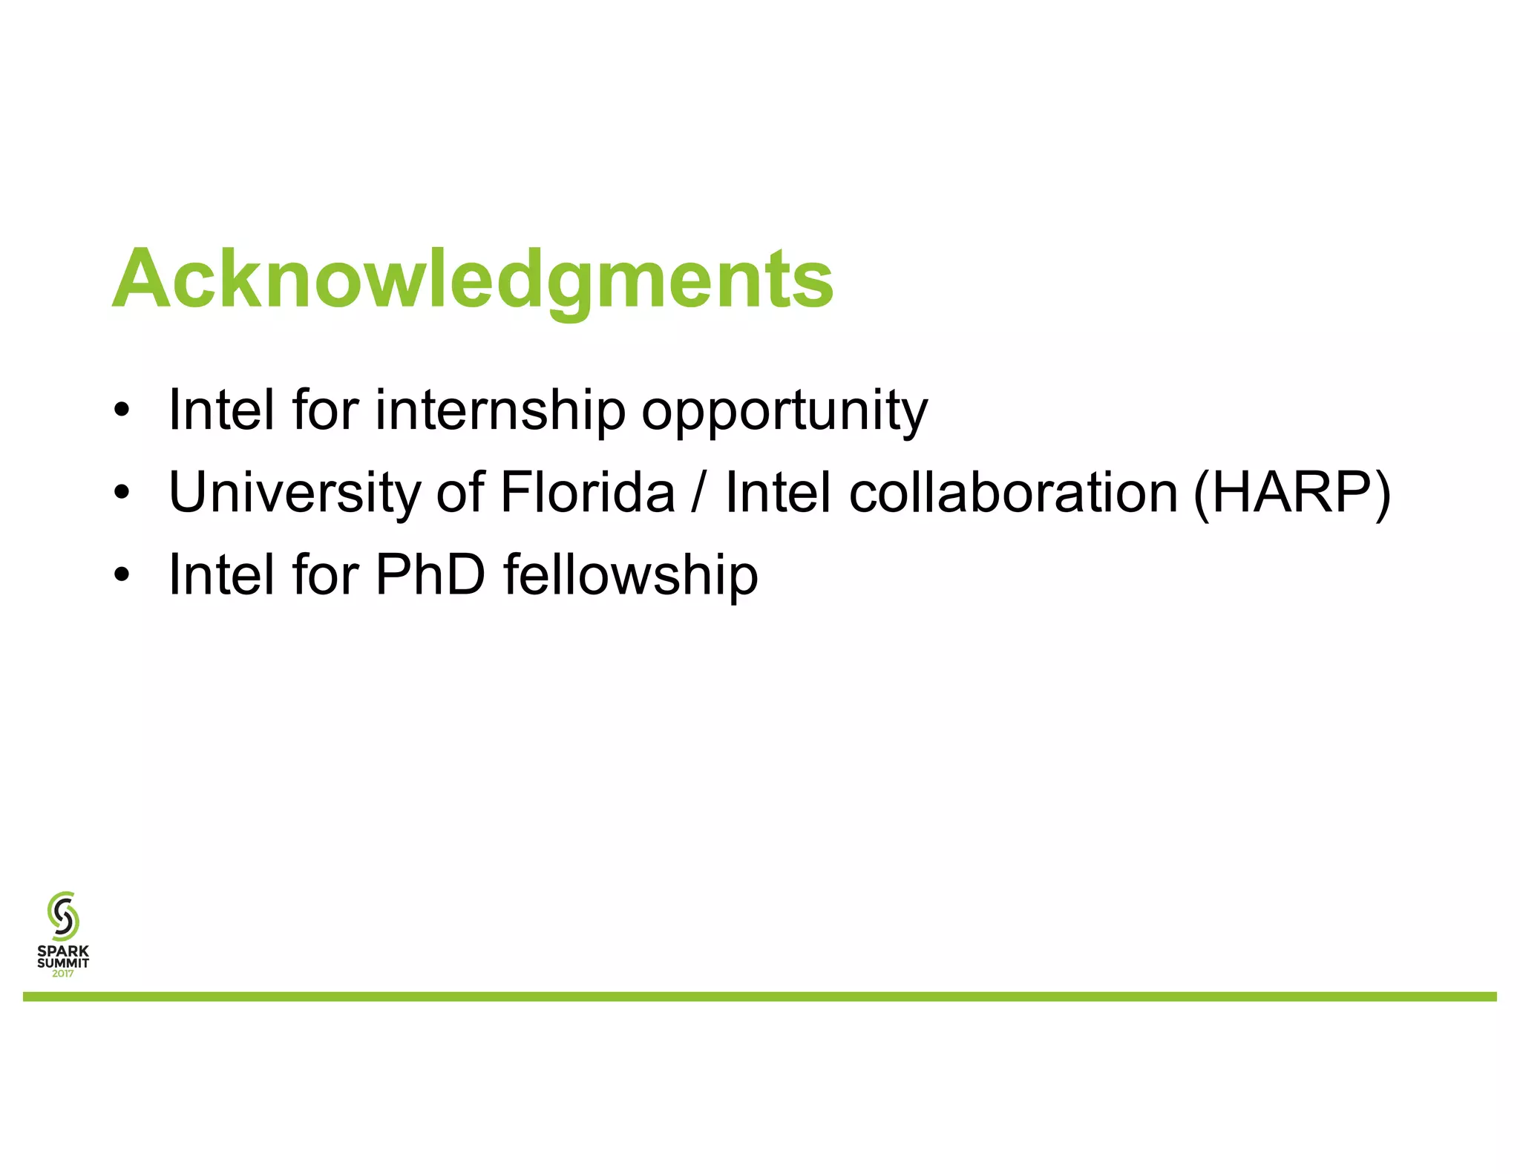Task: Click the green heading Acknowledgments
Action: click(x=473, y=279)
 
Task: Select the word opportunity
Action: click(x=784, y=410)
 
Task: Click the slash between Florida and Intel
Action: click(x=698, y=492)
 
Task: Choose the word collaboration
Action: click(x=1013, y=492)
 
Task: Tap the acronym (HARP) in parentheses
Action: click(x=1291, y=492)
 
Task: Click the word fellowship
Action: click(x=631, y=574)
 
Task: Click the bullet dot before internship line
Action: click(x=122, y=410)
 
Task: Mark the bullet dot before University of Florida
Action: click(x=122, y=493)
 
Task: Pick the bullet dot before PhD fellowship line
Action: click(x=122, y=575)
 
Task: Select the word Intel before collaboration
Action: click(x=778, y=492)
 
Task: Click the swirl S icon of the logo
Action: click(x=63, y=916)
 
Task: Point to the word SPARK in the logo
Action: click(x=63, y=951)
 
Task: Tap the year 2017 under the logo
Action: click(x=63, y=974)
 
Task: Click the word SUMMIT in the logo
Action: click(x=63, y=963)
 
